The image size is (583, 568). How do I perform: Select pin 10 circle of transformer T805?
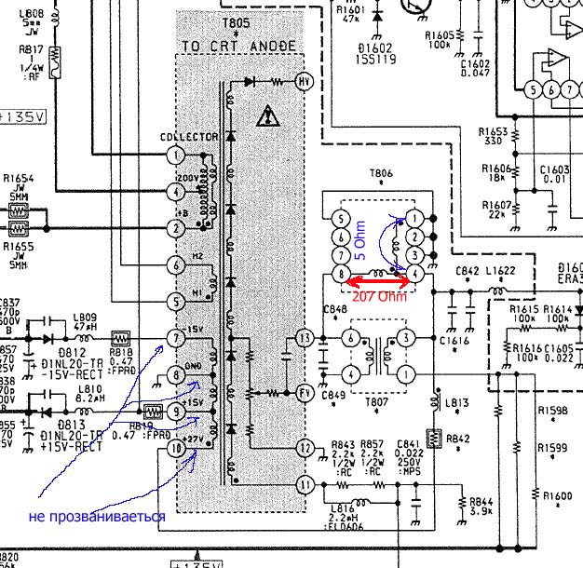click(x=177, y=450)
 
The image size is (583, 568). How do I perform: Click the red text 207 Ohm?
click(x=378, y=297)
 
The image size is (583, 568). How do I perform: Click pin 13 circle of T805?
click(x=303, y=337)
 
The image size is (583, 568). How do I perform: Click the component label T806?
click(x=381, y=173)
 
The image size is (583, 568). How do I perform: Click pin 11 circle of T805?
click(x=303, y=484)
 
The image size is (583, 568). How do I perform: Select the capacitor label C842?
click(x=468, y=272)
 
